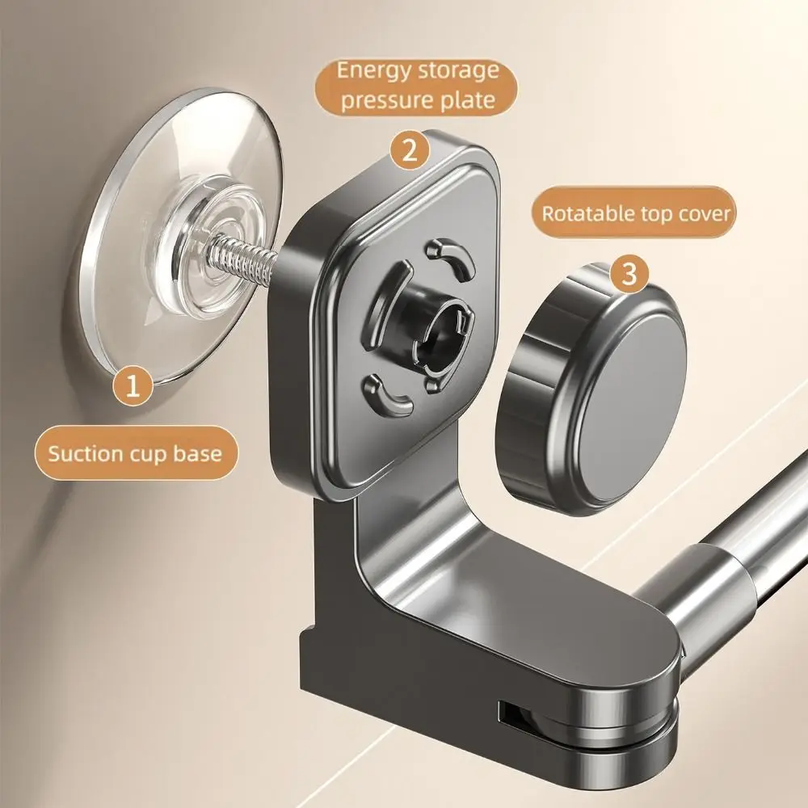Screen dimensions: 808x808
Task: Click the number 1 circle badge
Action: point(133,385)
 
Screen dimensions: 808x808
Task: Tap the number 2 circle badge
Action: point(410,150)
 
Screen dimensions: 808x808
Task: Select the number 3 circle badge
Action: point(629,274)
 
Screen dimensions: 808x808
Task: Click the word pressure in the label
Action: point(390,101)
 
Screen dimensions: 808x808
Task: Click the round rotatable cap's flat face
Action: point(637,407)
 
